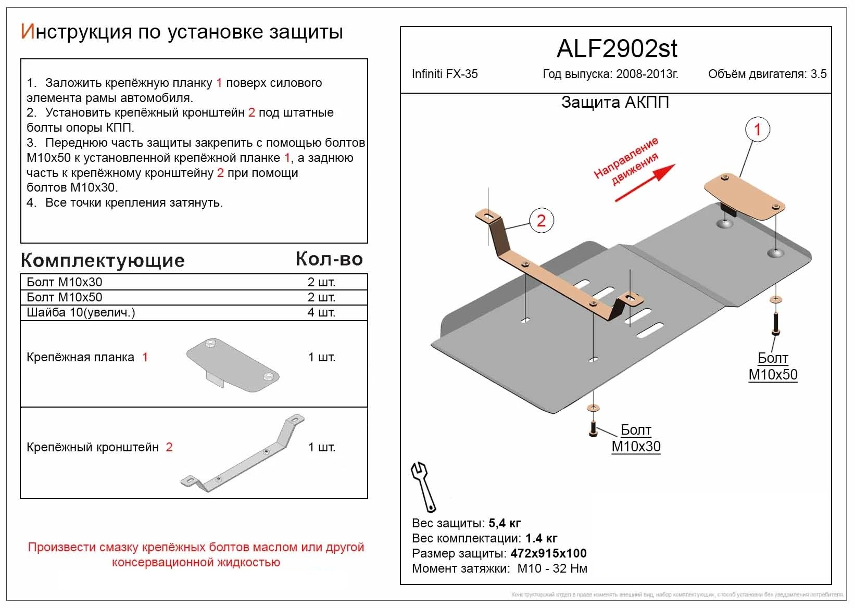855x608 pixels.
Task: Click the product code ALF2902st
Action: [617, 49]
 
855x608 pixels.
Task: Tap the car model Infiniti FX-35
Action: [444, 74]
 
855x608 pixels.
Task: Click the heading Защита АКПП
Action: [614, 102]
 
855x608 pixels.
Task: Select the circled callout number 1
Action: [757, 130]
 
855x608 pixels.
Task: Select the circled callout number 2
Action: [541, 220]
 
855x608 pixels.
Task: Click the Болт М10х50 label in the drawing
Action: [773, 366]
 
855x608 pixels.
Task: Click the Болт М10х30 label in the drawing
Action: [636, 438]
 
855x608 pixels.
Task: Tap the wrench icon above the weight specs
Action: [424, 486]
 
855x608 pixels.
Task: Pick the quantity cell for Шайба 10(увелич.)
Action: [321, 312]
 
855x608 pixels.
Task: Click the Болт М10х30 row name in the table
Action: [65, 282]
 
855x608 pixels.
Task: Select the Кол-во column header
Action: [329, 259]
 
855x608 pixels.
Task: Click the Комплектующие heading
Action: [103, 260]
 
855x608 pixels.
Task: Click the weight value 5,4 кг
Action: [505, 523]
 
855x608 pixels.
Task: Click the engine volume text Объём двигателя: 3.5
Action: [766, 74]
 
